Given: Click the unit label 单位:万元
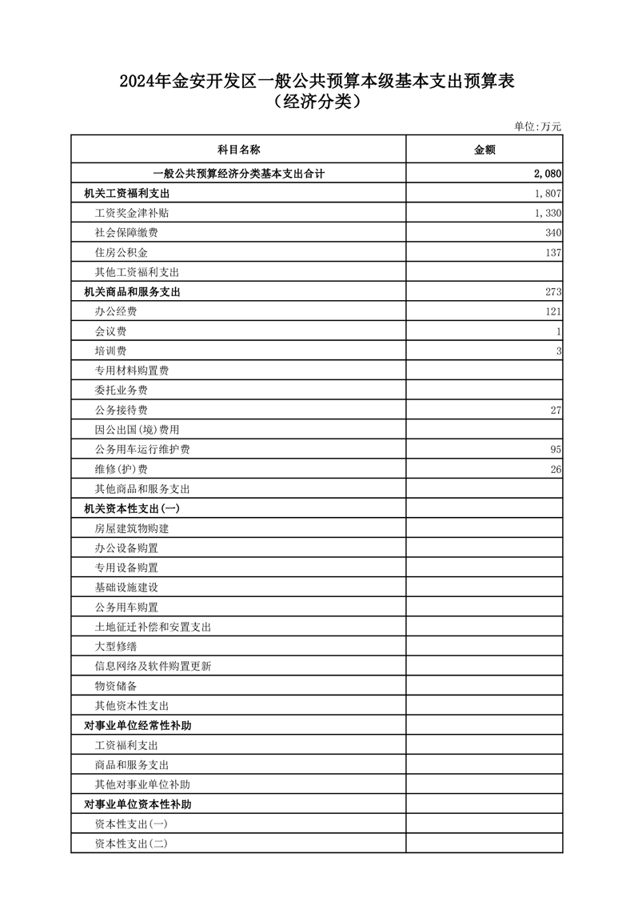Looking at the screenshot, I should [x=537, y=126].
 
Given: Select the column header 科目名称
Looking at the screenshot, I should [x=238, y=150].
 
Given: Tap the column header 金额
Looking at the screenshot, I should [x=484, y=150].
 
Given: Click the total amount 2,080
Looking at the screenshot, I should [x=547, y=174].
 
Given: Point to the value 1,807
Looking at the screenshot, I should [x=548, y=194].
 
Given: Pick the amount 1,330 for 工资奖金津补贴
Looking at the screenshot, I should [x=548, y=214].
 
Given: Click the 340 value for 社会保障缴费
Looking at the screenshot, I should [x=552, y=233].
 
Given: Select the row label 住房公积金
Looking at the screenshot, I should [x=121, y=253].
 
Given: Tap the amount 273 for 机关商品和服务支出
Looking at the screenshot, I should [x=552, y=292].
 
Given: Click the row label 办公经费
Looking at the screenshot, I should [x=115, y=312].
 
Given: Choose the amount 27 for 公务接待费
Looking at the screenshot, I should [x=555, y=411].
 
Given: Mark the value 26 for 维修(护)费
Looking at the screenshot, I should [x=555, y=469].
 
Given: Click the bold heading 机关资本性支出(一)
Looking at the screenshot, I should [x=132, y=509].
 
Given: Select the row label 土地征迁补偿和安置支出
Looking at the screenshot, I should [x=153, y=627].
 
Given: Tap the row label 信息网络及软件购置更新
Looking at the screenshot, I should [x=153, y=667].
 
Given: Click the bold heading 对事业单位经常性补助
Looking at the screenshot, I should [x=138, y=726].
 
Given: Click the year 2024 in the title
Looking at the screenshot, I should [x=138, y=81].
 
